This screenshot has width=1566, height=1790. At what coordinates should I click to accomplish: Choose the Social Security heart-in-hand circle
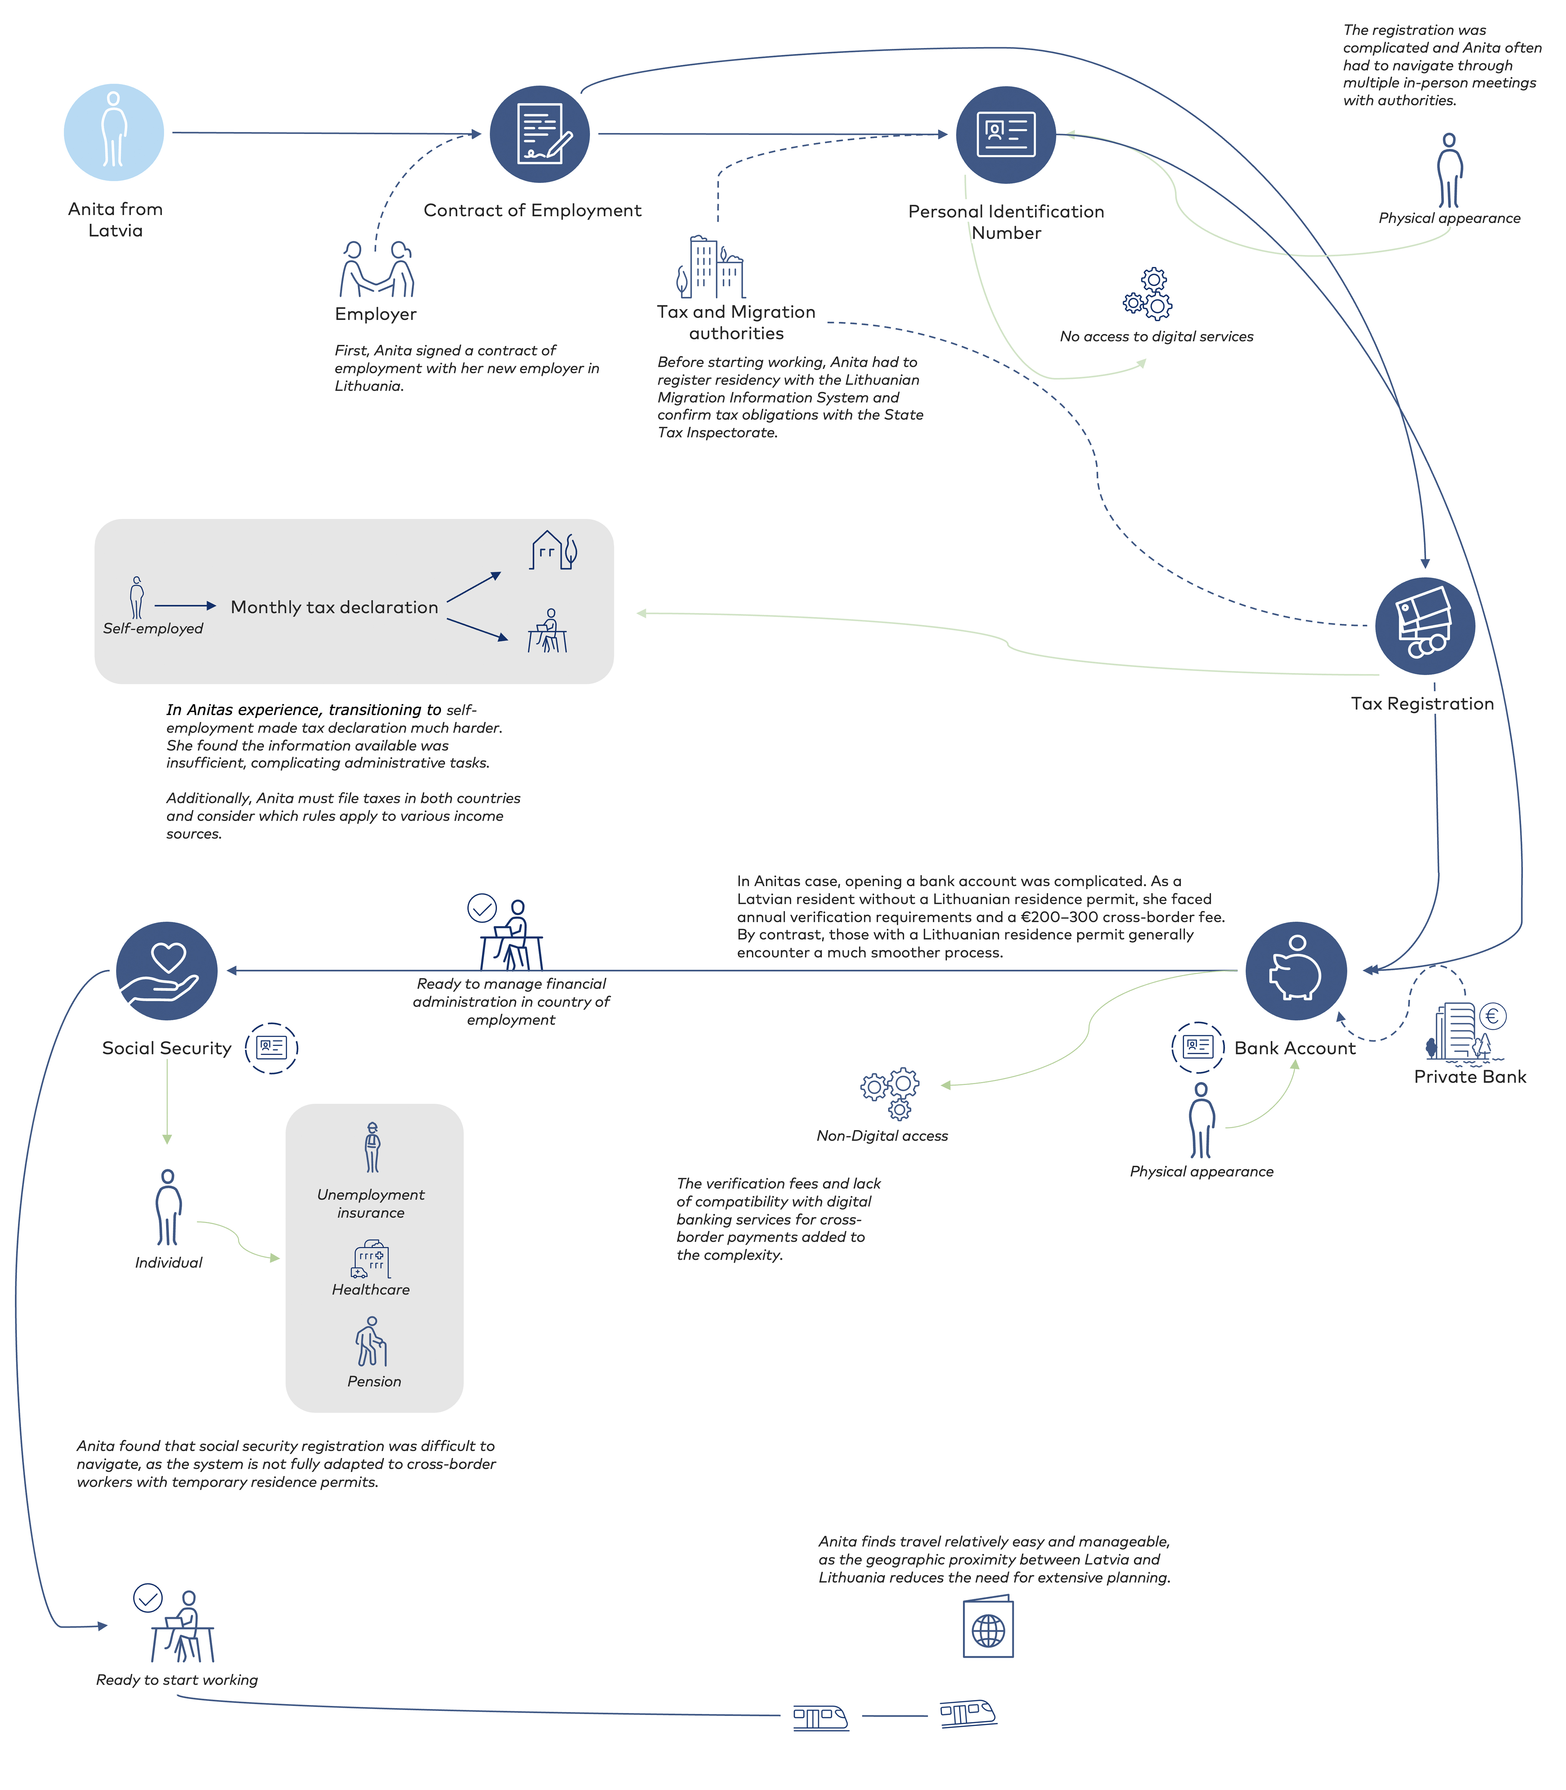coord(167,971)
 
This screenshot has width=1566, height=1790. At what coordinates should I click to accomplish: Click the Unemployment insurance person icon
coord(372,1147)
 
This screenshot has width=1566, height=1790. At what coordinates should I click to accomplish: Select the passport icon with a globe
coord(988,1627)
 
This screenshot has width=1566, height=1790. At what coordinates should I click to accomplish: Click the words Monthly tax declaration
coord(335,607)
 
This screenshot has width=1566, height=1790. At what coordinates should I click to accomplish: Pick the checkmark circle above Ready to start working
coord(148,1598)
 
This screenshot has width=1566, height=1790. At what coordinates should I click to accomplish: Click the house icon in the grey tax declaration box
coord(554,550)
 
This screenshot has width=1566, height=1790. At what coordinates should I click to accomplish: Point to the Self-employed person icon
coord(136,598)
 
